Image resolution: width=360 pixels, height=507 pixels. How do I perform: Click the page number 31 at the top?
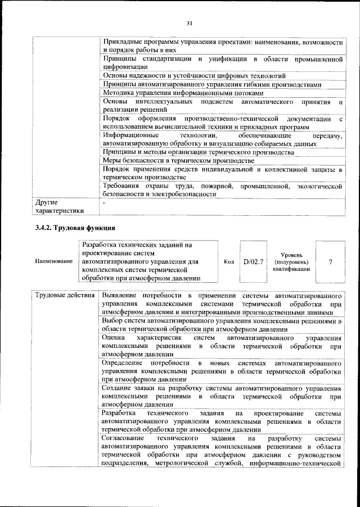pos(190,22)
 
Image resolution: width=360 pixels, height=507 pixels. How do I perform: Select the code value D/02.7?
pos(253,262)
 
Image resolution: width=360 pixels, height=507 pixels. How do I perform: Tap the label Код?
pos(228,262)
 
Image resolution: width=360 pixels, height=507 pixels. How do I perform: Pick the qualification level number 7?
pos(330,262)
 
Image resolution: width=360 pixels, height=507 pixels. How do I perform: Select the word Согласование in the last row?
pos(124,438)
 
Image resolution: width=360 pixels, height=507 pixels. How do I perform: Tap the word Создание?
pos(118,388)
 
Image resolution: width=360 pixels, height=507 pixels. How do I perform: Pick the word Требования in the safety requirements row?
pos(123,185)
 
